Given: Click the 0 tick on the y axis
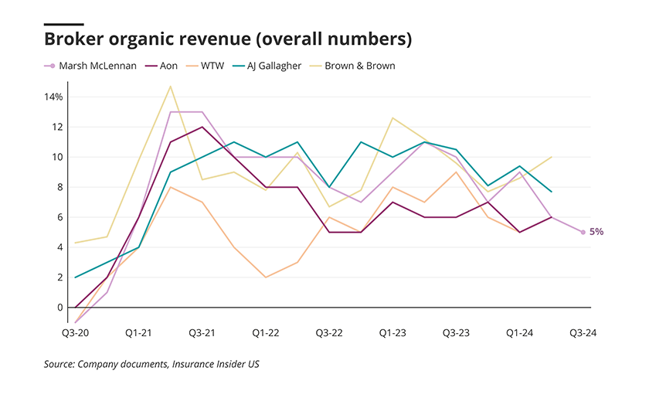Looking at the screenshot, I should [59, 308].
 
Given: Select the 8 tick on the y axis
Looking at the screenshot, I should [59, 187].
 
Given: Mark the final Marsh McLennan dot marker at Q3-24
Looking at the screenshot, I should [583, 232].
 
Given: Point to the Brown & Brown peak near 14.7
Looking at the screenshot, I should [170, 86].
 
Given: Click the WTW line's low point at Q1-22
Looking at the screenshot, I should [266, 277].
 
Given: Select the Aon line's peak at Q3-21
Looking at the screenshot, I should [202, 127].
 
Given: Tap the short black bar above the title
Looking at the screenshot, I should [64, 24].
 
